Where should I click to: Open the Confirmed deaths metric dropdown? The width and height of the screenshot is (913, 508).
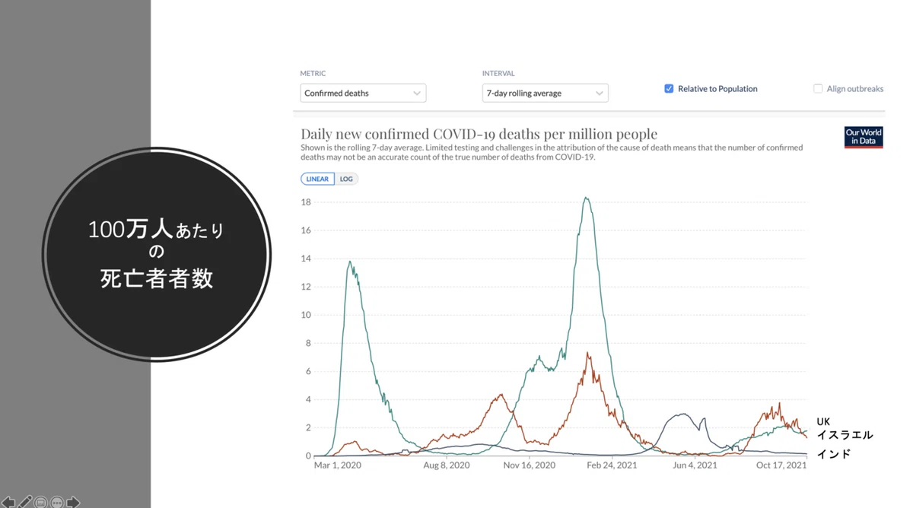[363, 93]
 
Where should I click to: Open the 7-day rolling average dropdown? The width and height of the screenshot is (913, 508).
[545, 93]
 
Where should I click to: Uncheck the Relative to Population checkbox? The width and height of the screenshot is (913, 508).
[669, 88]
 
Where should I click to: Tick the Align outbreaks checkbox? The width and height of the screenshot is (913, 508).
[818, 88]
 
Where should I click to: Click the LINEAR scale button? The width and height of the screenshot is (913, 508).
[317, 179]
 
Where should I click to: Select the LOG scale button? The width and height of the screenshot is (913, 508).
[346, 179]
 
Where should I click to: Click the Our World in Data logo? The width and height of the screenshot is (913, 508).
[864, 137]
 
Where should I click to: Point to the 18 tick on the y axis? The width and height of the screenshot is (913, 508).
[306, 202]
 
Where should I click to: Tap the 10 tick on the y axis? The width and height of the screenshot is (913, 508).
[306, 315]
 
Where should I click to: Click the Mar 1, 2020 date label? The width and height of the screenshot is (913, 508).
[338, 465]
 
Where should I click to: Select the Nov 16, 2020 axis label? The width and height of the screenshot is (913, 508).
[529, 465]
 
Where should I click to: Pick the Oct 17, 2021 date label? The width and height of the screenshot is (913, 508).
[781, 465]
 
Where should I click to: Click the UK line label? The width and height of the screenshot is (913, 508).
[823, 421]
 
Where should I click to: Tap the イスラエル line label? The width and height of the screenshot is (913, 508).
[845, 435]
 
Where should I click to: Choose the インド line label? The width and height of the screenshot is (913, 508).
[834, 454]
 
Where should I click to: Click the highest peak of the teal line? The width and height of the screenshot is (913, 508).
[586, 198]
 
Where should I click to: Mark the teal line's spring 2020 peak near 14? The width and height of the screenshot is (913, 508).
[350, 262]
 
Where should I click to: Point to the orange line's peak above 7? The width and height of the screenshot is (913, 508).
[587, 353]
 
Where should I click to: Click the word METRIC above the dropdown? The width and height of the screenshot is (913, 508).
[313, 73]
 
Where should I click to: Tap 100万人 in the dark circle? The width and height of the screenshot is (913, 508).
[130, 229]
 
